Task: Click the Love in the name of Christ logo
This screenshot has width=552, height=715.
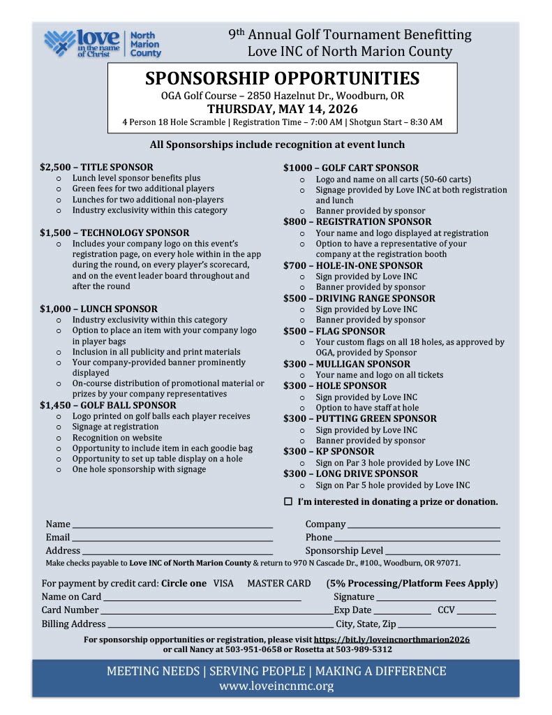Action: coord(103,44)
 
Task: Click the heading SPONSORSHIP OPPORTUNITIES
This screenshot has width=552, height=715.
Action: coord(282,78)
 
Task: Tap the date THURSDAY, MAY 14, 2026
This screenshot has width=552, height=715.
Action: coord(282,109)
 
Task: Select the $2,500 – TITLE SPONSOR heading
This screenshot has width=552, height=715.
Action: coord(96,168)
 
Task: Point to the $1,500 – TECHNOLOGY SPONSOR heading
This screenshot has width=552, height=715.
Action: coord(114,233)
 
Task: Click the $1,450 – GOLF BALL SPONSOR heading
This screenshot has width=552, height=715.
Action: coord(107,405)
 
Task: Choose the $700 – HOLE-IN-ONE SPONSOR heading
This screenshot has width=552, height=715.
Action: coord(352,265)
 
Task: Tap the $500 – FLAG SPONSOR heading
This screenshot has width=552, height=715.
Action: coord(334,331)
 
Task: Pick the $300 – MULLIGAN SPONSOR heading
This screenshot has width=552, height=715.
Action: coord(346,364)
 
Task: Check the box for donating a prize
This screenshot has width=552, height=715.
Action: coord(288,502)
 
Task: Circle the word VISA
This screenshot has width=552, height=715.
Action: coord(223,584)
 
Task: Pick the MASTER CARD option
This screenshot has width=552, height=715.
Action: coord(279,584)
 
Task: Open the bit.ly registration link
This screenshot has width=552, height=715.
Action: coord(391,640)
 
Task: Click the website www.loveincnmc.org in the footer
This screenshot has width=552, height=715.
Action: coord(276,686)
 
